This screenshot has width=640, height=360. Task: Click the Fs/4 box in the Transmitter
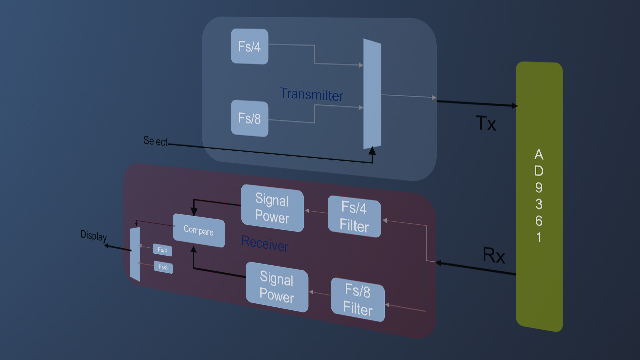(250, 46)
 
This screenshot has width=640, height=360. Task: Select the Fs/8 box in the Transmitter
(250, 118)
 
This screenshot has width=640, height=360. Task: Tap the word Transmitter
(311, 95)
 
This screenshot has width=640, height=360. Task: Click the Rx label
(494, 255)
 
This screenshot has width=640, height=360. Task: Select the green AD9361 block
(539, 195)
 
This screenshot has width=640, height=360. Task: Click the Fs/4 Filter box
(354, 217)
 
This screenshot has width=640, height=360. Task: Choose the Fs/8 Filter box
(357, 300)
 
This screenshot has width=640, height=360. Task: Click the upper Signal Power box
(272, 207)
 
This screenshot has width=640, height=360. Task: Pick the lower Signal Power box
(276, 286)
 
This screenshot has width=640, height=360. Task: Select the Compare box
(198, 230)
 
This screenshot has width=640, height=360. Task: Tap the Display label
(93, 236)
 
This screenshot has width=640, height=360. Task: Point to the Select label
(156, 141)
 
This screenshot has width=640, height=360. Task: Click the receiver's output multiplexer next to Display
(135, 254)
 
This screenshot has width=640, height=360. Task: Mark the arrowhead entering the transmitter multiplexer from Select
(372, 153)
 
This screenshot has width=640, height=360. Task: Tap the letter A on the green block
(539, 155)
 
